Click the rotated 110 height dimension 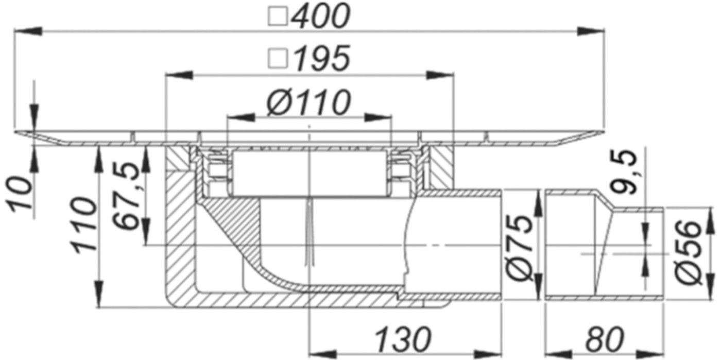click(83, 225)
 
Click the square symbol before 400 click(278, 17)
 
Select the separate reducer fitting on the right click(603, 245)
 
